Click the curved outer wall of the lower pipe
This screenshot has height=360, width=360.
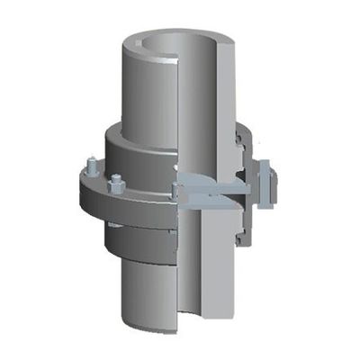[x=148, y=288]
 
